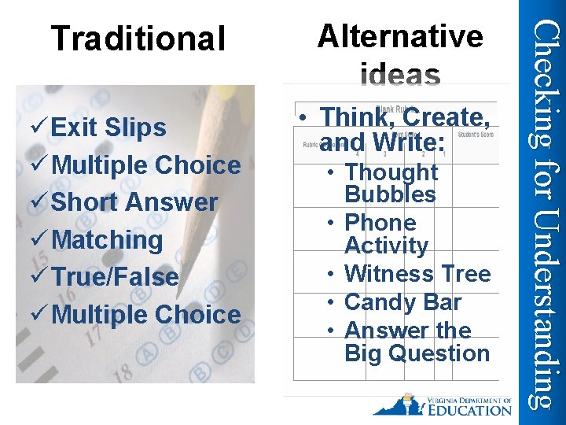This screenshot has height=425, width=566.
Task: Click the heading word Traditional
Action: pyautogui.click(x=138, y=39)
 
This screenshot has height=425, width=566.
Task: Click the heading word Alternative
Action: pyautogui.click(x=400, y=35)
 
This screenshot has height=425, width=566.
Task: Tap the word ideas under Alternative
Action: pyautogui.click(x=401, y=76)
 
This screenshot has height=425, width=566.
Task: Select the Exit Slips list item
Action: pyautogui.click(x=108, y=128)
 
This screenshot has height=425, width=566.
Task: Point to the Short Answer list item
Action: pyautogui.click(x=134, y=202)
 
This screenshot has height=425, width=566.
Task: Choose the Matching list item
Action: pyautogui.click(x=107, y=239)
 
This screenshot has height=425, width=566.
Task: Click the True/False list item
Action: pyautogui.click(x=115, y=277)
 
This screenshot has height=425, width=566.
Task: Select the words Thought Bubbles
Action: pyautogui.click(x=391, y=183)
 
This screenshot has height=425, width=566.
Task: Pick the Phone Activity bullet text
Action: pyautogui.click(x=385, y=234)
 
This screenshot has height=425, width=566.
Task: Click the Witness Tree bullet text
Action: pyautogui.click(x=417, y=274)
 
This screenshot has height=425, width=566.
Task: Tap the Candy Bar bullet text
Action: pyautogui.click(x=402, y=301)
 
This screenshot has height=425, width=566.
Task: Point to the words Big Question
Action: pyautogui.click(x=417, y=353)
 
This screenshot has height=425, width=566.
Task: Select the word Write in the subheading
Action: pyautogui.click(x=409, y=143)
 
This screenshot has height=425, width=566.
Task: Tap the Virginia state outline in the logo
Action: pyautogui.click(x=397, y=405)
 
